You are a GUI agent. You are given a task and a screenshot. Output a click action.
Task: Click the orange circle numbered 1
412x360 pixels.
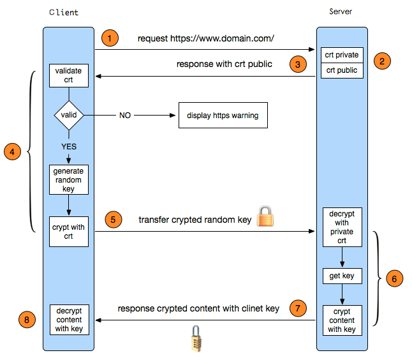(110, 38)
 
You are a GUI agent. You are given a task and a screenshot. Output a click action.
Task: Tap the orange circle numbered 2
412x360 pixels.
(381, 61)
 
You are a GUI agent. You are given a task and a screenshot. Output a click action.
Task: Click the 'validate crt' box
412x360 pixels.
(68, 76)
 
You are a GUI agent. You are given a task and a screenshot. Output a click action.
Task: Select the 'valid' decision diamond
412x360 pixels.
(68, 116)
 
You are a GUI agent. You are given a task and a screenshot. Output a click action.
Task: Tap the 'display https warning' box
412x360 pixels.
(222, 116)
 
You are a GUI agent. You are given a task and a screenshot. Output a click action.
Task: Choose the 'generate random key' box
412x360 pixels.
(68, 180)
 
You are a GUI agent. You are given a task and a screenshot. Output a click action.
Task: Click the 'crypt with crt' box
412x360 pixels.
(68, 231)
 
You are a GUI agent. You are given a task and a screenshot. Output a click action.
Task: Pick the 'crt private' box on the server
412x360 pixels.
(342, 55)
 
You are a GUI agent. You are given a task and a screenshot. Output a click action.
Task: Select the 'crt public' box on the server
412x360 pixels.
(342, 70)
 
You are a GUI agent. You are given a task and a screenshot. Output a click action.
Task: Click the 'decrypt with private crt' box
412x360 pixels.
(342, 227)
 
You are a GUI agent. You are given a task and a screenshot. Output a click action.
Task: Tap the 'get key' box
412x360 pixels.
(342, 276)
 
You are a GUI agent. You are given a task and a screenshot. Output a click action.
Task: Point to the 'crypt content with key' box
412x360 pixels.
(342, 320)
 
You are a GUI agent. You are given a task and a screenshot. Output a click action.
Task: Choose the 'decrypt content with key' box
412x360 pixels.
(68, 320)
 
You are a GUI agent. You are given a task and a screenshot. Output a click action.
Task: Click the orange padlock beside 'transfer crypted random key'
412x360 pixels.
(265, 217)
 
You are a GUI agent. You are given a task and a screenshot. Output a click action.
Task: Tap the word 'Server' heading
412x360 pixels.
(341, 11)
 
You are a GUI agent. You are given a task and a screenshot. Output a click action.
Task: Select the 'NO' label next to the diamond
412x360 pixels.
(126, 116)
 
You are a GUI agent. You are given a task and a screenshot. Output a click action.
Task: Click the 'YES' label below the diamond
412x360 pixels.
(68, 146)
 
